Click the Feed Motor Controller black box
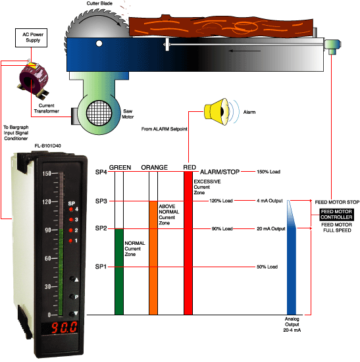point(336,214)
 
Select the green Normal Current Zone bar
point(119,271)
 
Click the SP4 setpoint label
point(101,172)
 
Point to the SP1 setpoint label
point(101,267)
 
